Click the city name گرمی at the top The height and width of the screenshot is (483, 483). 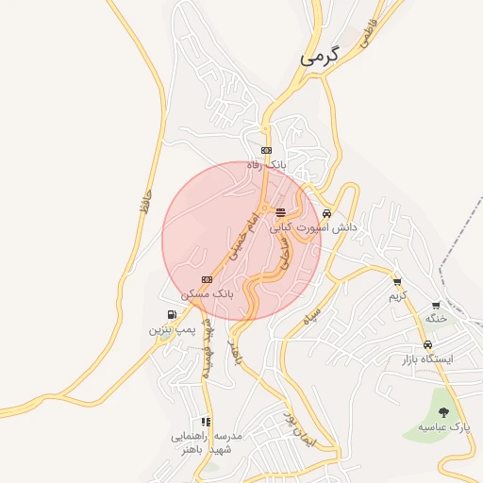coord(319,57)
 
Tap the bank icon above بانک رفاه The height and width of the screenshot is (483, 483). coord(266,150)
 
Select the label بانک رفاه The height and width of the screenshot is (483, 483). coord(265,165)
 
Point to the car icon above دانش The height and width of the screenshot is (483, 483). coord(326,212)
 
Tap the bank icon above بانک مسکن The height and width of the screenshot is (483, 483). coord(208,279)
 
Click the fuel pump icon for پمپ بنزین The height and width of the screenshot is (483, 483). coord(171,315)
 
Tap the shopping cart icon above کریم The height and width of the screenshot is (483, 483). coord(397,281)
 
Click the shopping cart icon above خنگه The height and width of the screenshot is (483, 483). coord(435,305)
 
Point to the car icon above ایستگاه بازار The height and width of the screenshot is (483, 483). coord(428,344)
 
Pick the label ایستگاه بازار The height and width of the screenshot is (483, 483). coord(428,359)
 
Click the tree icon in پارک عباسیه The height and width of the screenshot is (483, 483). coord(442,411)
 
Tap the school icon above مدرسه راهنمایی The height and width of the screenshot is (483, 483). coord(205,422)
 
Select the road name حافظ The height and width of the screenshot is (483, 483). coord(144,198)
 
